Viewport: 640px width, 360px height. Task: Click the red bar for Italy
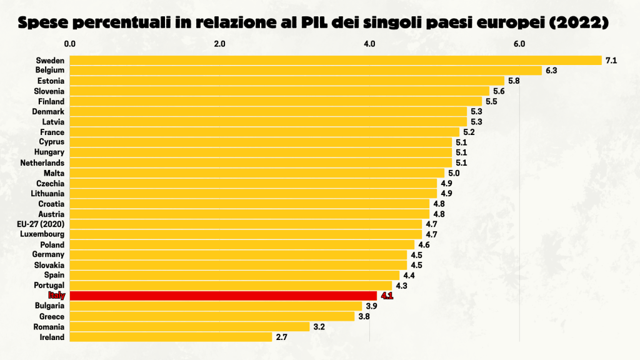tap(222, 296)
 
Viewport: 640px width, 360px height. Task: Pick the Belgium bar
tap(305, 71)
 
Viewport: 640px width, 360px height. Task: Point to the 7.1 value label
tap(611, 61)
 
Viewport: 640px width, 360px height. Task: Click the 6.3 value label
tap(551, 71)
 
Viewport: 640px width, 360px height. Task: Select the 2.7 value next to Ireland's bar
tap(282, 337)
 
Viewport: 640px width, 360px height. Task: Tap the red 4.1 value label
tap(387, 296)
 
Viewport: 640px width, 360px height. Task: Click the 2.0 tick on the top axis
tap(219, 44)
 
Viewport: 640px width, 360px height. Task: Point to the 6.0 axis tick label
tap(519, 44)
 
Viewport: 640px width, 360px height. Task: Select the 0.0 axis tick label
tap(70, 44)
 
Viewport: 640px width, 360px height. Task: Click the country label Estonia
tap(51, 81)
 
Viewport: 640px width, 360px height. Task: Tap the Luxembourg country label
tap(42, 234)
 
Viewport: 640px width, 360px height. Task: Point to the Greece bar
tap(212, 316)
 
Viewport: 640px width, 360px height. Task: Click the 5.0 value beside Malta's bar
tap(454, 172)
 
